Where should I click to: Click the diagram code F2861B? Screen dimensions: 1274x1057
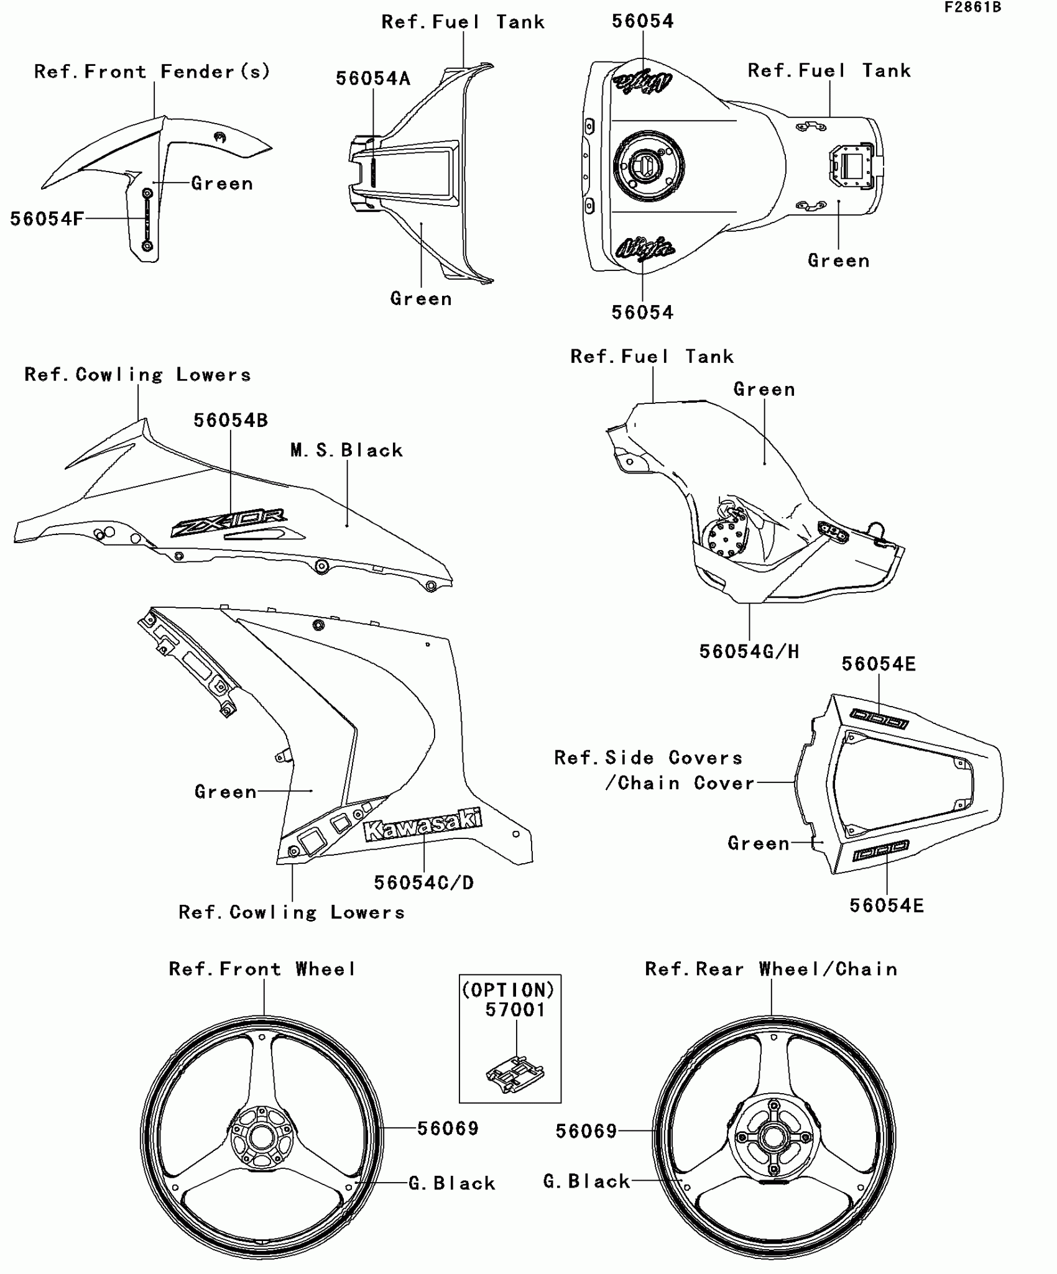click(972, 7)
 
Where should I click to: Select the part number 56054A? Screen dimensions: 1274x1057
click(373, 78)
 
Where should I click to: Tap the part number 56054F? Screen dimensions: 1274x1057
click(47, 219)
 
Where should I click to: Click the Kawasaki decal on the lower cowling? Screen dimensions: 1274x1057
click(423, 824)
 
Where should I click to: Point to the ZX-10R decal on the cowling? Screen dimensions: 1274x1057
click(229, 521)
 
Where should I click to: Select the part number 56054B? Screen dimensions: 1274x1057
click(231, 420)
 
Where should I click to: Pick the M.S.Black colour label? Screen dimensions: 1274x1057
click(347, 450)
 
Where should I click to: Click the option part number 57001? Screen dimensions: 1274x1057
click(515, 1010)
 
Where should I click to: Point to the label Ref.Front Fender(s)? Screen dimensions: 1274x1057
click(152, 71)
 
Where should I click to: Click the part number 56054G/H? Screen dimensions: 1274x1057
click(749, 651)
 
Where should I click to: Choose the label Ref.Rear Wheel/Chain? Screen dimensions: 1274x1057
click(772, 969)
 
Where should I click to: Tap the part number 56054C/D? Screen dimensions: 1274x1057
click(424, 882)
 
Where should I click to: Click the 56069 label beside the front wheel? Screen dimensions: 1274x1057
click(448, 1129)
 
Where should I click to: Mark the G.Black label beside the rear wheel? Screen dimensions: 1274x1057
click(587, 1181)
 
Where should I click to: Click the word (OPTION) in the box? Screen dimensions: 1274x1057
click(509, 989)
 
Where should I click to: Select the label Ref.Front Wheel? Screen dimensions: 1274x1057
click(263, 969)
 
